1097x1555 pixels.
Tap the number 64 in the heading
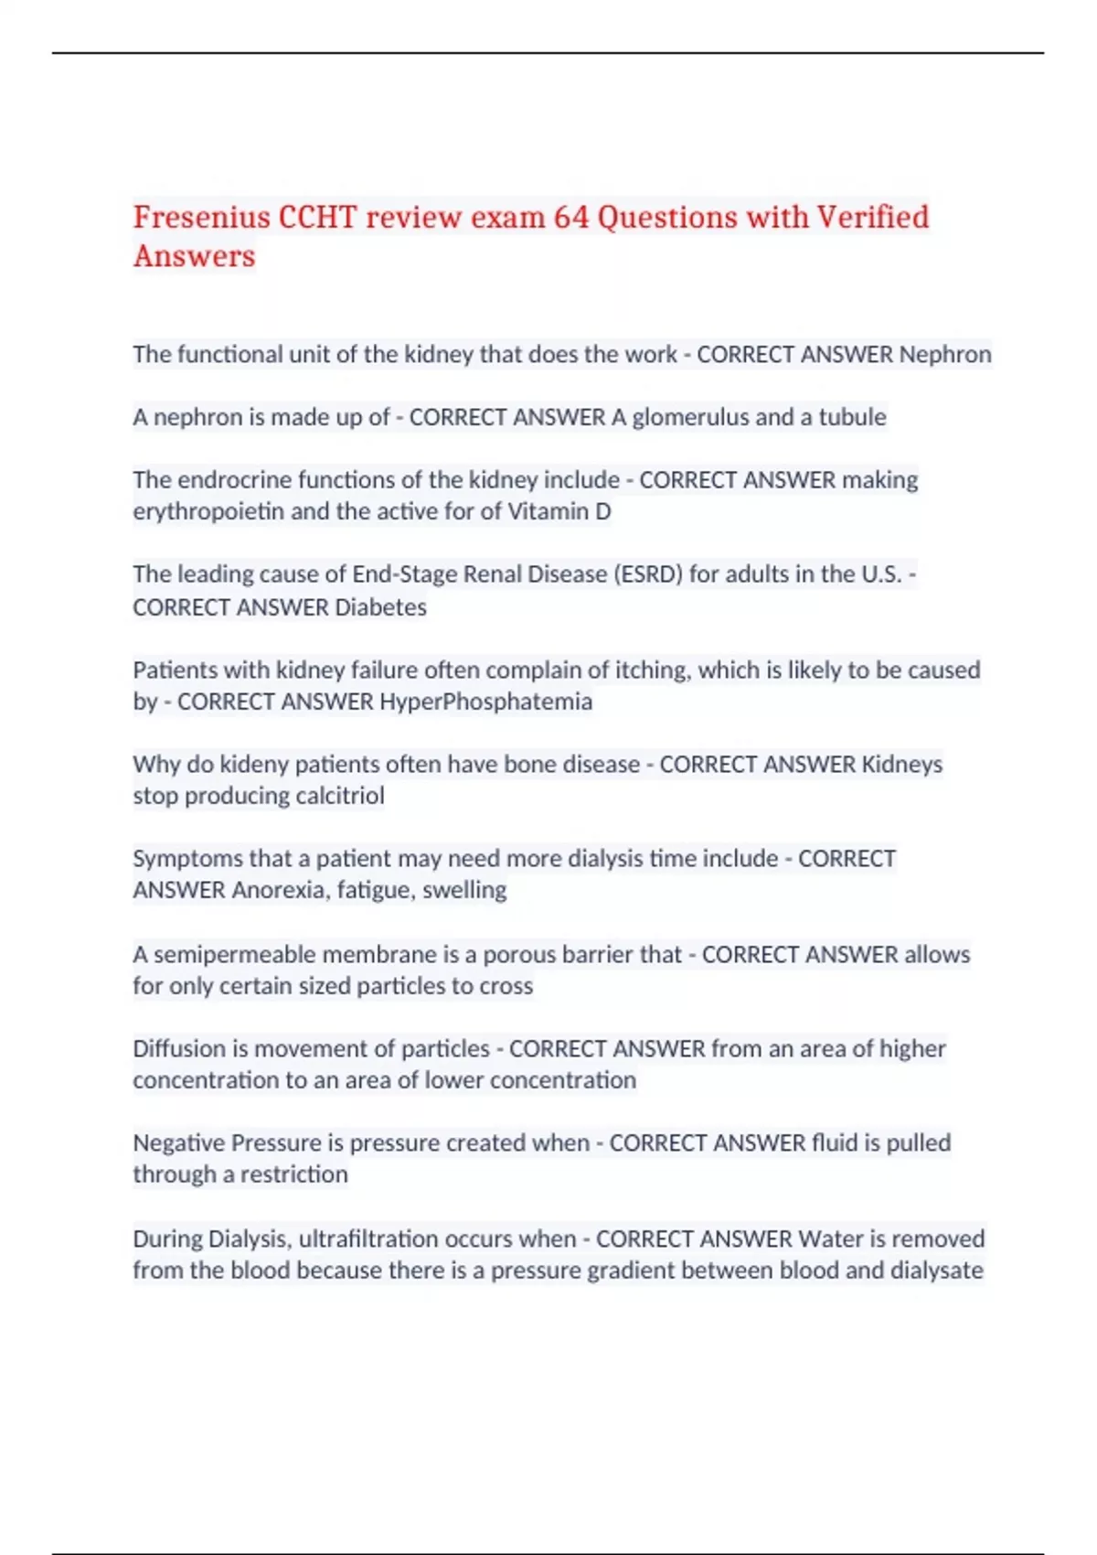[x=571, y=218]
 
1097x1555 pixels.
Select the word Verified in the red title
[x=873, y=218]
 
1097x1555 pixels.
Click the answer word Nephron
[x=945, y=355]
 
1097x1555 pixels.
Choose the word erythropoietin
[x=208, y=511]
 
